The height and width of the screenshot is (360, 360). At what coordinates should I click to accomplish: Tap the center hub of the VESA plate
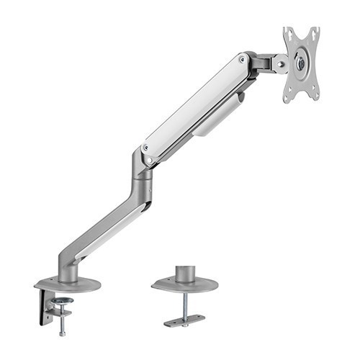pyautogui.click(x=301, y=63)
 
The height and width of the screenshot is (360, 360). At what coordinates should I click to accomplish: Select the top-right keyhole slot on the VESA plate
pyautogui.click(x=315, y=34)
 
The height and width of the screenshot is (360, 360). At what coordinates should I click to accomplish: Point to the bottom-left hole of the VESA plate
pyautogui.click(x=287, y=94)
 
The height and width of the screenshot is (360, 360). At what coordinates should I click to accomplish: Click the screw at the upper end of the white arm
pyautogui.click(x=243, y=60)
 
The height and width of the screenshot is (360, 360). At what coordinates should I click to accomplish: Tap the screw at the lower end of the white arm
pyautogui.click(x=147, y=148)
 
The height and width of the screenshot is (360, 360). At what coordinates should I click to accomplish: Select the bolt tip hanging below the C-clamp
pyautogui.click(x=63, y=332)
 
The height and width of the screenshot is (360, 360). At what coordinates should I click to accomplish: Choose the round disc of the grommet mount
pyautogui.click(x=184, y=285)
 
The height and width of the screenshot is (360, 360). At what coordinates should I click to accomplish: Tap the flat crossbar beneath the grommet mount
pyautogui.click(x=184, y=319)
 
